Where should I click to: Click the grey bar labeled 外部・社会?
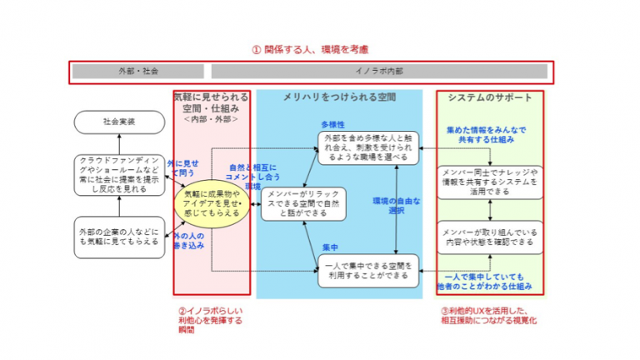[x=138, y=72]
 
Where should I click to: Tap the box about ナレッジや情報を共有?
[x=489, y=182]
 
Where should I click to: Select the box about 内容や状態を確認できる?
[x=489, y=237]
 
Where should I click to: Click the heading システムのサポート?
[x=489, y=97]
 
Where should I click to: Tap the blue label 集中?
[x=330, y=247]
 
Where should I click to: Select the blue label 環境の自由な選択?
[x=395, y=206]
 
